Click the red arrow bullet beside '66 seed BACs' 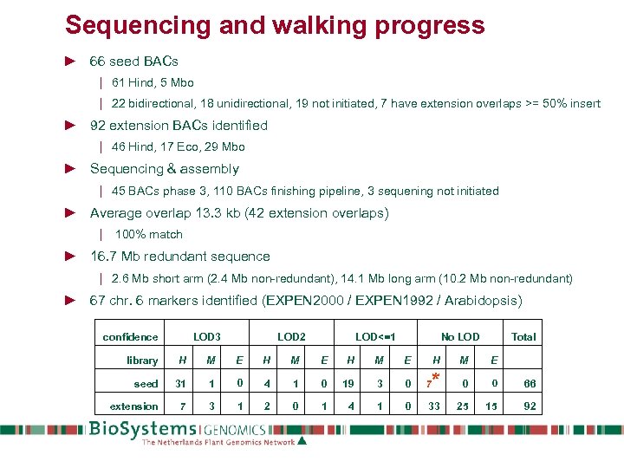coord(71,62)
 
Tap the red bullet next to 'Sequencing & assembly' coord(71,169)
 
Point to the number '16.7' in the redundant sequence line coord(107,257)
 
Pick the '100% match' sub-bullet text coord(149,235)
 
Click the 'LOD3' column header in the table coord(206,337)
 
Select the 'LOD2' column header coord(291,337)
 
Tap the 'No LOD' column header coord(460,337)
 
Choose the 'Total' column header coord(523,337)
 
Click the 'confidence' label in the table coord(131,337)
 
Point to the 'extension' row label coord(134,406)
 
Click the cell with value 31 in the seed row coord(181,384)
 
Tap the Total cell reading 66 coord(530,384)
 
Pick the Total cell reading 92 coord(530,406)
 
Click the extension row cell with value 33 coord(434,406)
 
